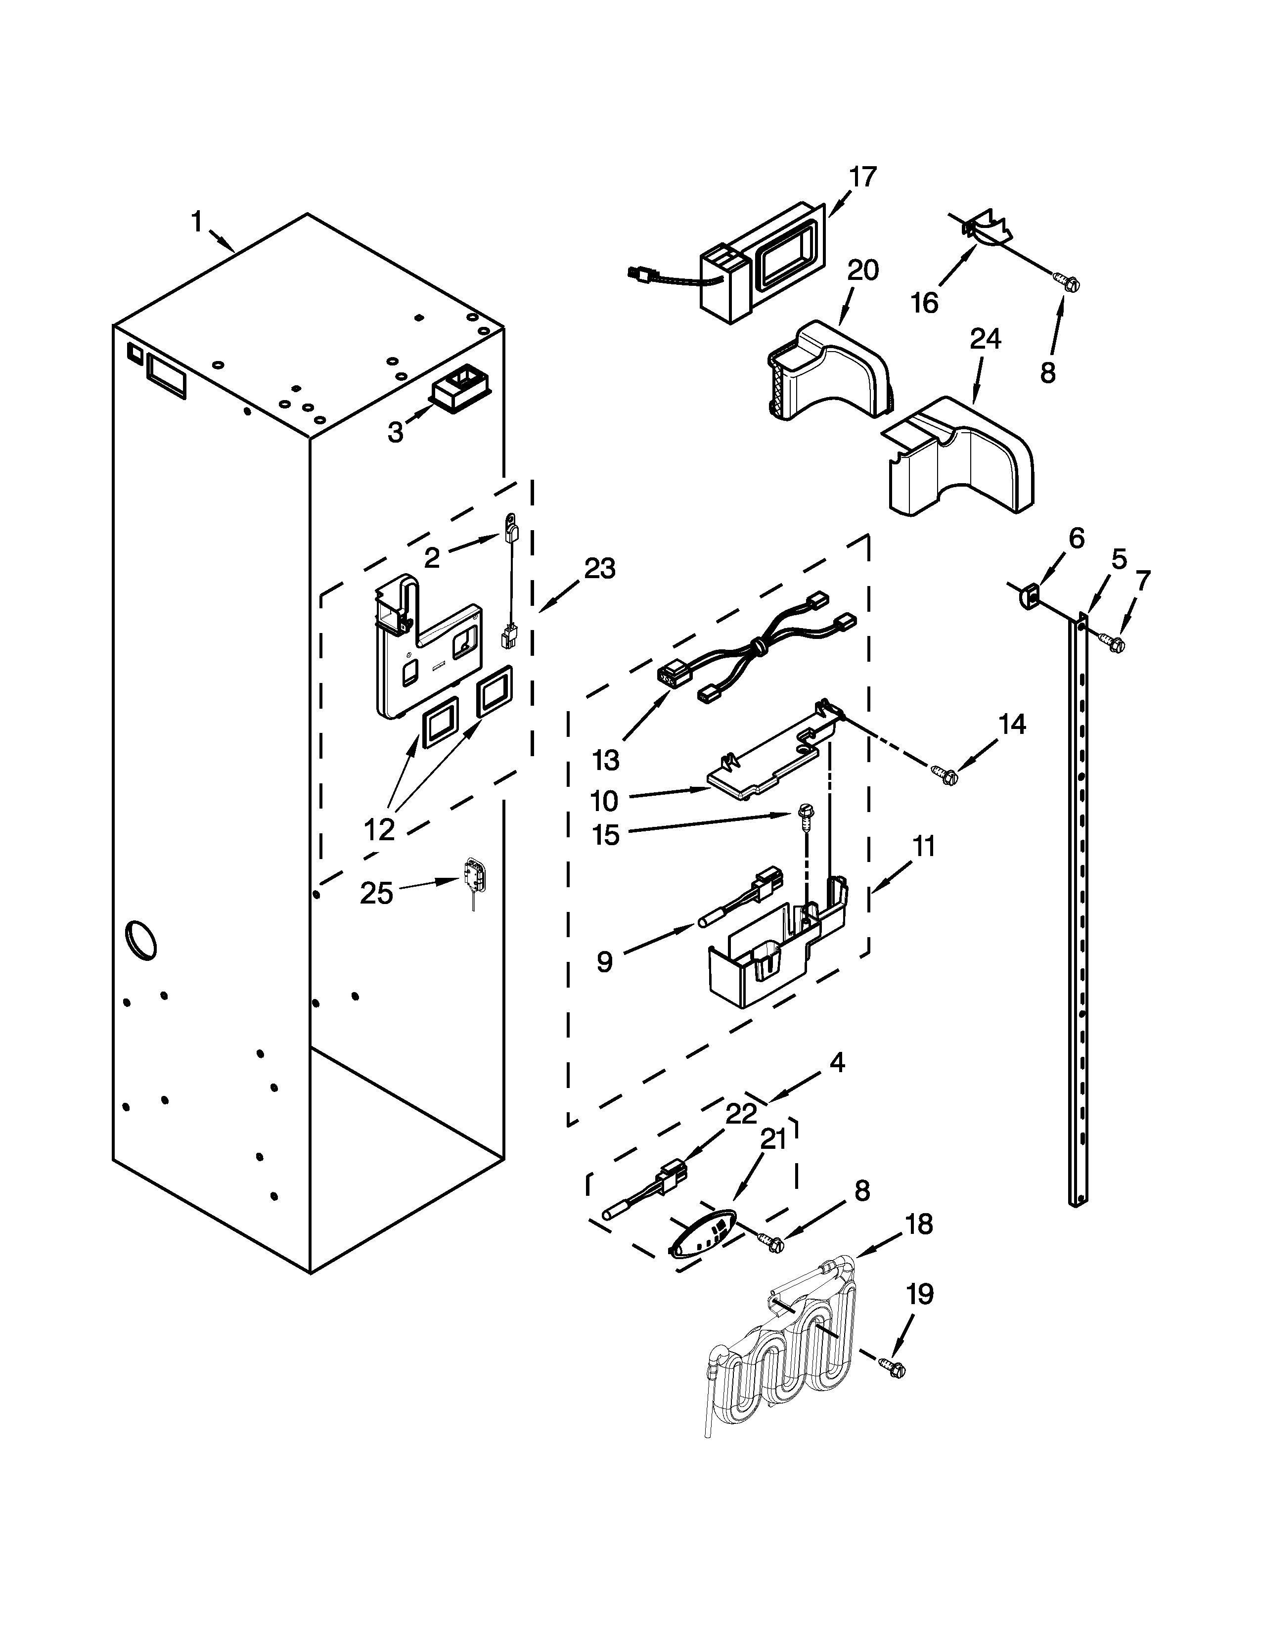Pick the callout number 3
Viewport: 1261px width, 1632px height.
click(395, 431)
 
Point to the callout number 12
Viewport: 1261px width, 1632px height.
click(379, 829)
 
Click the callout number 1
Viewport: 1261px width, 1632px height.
click(196, 222)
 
